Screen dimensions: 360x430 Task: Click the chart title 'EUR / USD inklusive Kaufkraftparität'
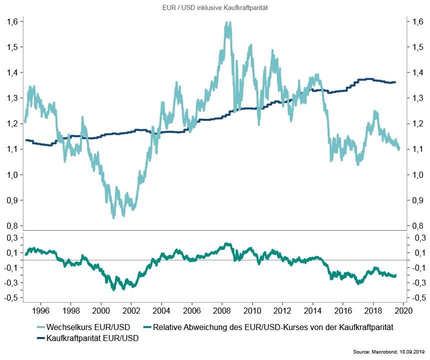[215, 8]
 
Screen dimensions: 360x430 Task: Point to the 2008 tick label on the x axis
[222, 311]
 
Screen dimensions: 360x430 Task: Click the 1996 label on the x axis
[40, 311]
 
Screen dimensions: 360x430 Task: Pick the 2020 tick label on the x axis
[403, 311]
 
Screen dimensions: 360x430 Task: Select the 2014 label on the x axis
[312, 311]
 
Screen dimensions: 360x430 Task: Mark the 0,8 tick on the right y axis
[418, 226]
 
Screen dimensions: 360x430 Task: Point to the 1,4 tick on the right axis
[418, 72]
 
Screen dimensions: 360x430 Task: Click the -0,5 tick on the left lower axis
[12, 298]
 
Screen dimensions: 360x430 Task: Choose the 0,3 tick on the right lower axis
[418, 238]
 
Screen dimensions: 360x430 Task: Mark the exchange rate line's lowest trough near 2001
[113, 217]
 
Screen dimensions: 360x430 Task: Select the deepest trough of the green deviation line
[113, 289]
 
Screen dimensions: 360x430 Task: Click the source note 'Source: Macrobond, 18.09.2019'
[388, 353]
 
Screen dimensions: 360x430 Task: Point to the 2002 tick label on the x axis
[131, 311]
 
